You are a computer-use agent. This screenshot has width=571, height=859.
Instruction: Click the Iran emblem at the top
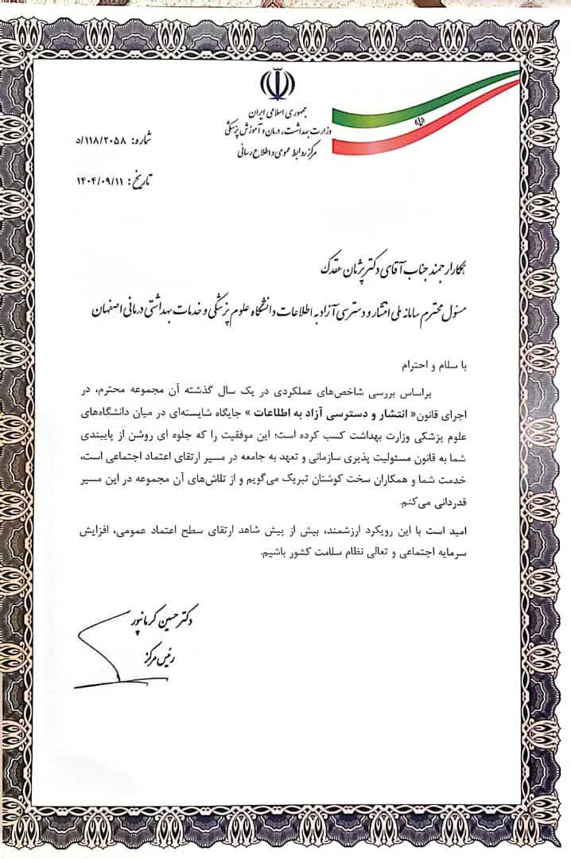click(274, 87)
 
